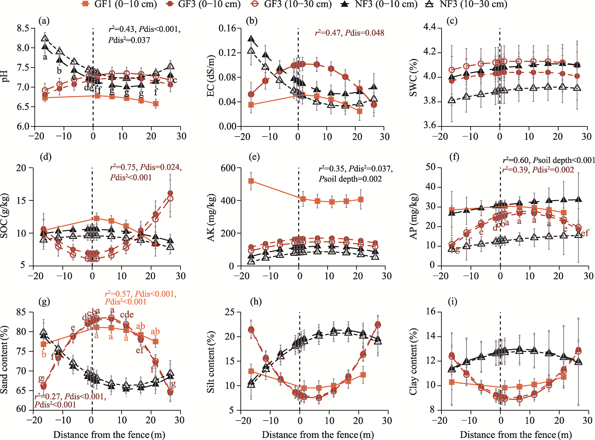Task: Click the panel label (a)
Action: tap(44, 21)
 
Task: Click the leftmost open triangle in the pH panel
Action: tap(45, 38)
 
